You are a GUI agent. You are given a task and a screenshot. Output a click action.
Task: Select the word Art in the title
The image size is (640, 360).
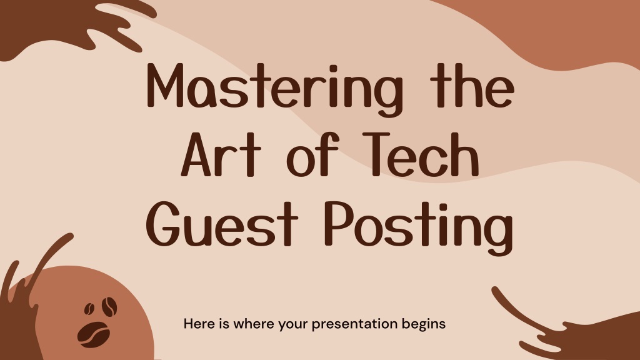coord(221,154)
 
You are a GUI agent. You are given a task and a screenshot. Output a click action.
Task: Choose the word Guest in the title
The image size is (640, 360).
coord(222,224)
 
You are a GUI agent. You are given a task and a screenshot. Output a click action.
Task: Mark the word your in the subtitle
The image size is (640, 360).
coord(293,325)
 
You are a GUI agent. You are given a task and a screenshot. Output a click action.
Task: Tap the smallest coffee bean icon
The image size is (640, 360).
coord(89,309)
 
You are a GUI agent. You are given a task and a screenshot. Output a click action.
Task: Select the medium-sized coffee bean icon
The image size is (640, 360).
coord(109,306)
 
